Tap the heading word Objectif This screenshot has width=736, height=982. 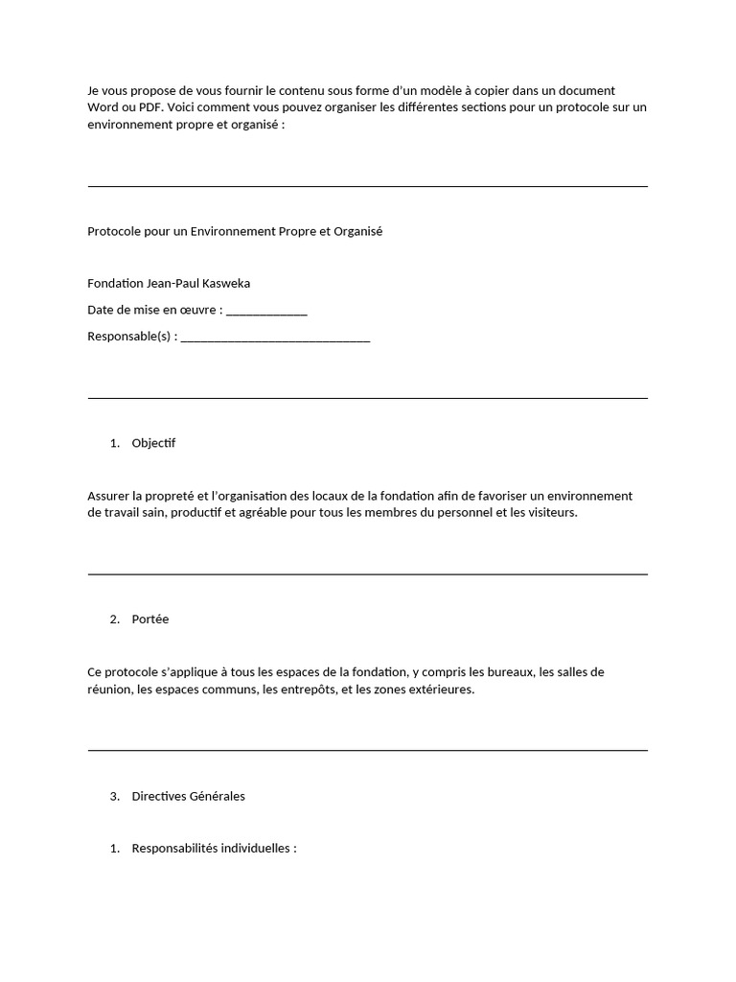(x=153, y=443)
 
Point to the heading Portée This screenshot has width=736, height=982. (x=150, y=620)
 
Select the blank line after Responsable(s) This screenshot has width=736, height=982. (x=275, y=338)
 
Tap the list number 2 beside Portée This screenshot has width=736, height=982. (x=114, y=620)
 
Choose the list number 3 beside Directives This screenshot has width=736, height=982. (x=114, y=796)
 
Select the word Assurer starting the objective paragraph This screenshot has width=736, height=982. (x=108, y=496)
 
